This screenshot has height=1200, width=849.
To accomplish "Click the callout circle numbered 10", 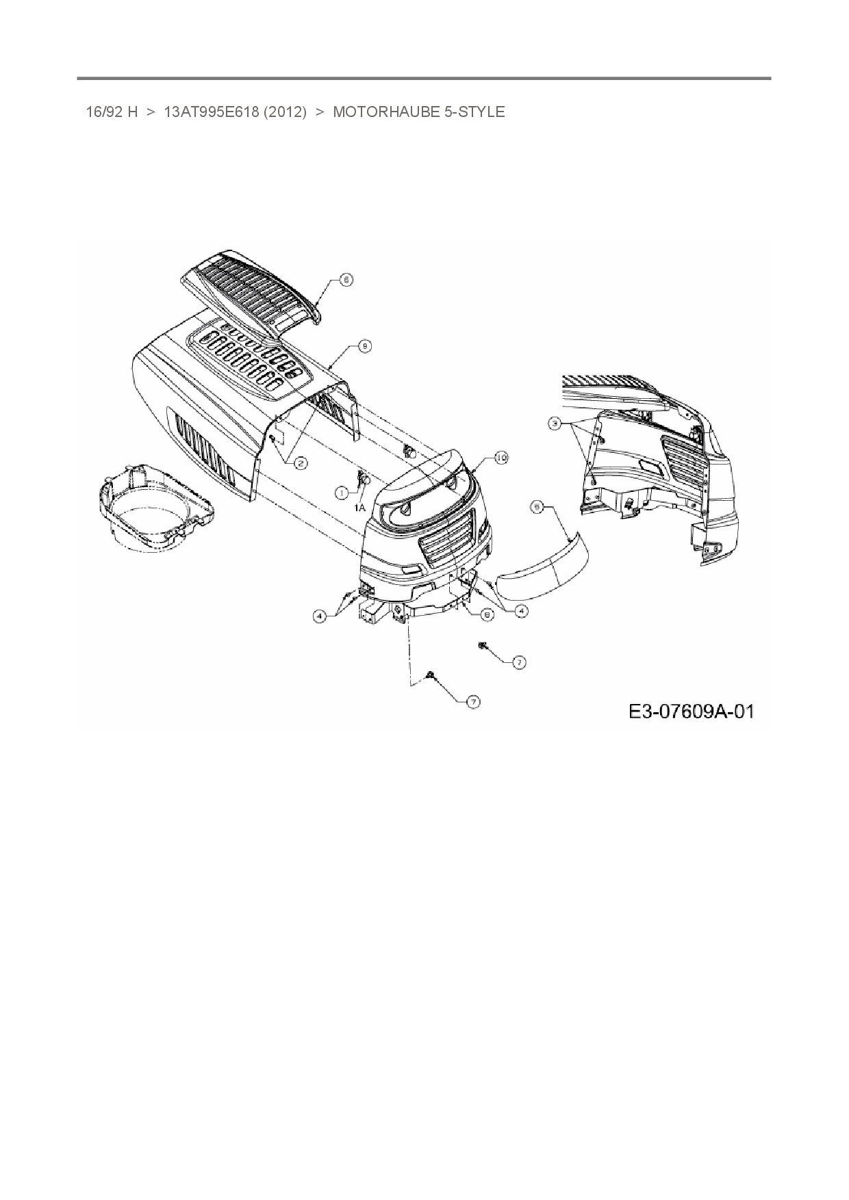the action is pyautogui.click(x=502, y=458).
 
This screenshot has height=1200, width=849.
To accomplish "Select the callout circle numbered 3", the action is pyautogui.click(x=555, y=424).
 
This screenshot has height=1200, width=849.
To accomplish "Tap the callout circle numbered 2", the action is pyautogui.click(x=300, y=463).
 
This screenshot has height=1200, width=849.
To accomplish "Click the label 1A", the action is pyautogui.click(x=359, y=508).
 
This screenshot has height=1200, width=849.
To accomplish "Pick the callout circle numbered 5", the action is pyautogui.click(x=537, y=506).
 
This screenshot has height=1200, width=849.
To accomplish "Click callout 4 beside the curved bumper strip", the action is pyautogui.click(x=522, y=611).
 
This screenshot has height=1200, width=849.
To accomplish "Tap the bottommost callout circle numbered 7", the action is pyautogui.click(x=473, y=702).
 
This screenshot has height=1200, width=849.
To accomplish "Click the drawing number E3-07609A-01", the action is pyautogui.click(x=692, y=712).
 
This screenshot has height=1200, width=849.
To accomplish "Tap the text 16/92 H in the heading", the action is pyautogui.click(x=112, y=112).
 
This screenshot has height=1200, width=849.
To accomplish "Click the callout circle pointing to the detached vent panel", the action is pyautogui.click(x=346, y=280).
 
